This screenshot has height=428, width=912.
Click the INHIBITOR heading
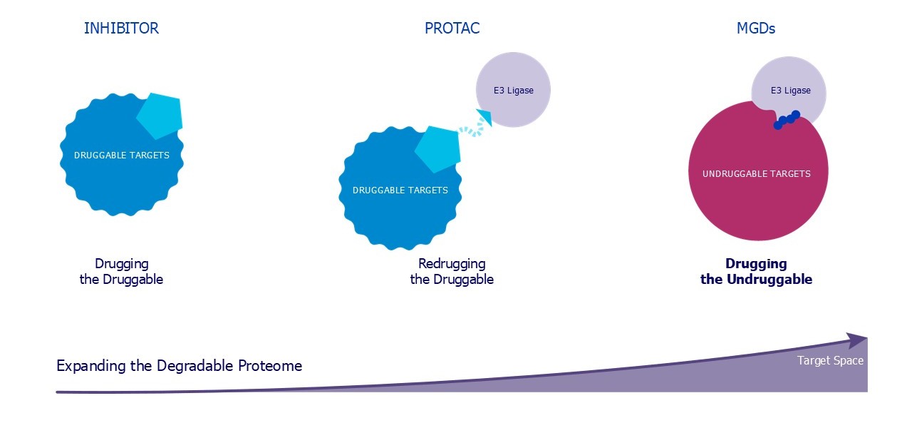(x=121, y=28)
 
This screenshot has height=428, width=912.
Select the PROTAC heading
(x=452, y=28)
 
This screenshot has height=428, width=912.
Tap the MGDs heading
(x=756, y=28)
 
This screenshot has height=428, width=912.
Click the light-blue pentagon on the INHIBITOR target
(x=160, y=116)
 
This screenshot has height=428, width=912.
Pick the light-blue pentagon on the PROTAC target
(x=438, y=149)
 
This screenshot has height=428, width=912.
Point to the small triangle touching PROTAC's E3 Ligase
(x=485, y=116)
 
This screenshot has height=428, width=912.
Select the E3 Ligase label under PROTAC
(x=514, y=91)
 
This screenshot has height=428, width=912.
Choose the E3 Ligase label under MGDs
(x=790, y=91)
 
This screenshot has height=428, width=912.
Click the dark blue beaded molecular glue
(x=787, y=120)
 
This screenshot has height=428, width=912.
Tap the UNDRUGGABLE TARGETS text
(x=757, y=173)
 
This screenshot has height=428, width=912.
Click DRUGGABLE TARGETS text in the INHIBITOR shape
(x=121, y=156)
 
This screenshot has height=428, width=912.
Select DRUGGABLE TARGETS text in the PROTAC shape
(x=400, y=190)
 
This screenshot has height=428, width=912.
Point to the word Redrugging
(x=452, y=264)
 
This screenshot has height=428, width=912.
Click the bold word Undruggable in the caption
(x=769, y=279)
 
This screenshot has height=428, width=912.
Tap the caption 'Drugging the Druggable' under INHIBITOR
(x=121, y=272)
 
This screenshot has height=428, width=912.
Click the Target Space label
(x=830, y=361)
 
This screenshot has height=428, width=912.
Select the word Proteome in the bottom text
(x=270, y=366)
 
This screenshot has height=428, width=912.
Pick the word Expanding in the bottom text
(x=91, y=367)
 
